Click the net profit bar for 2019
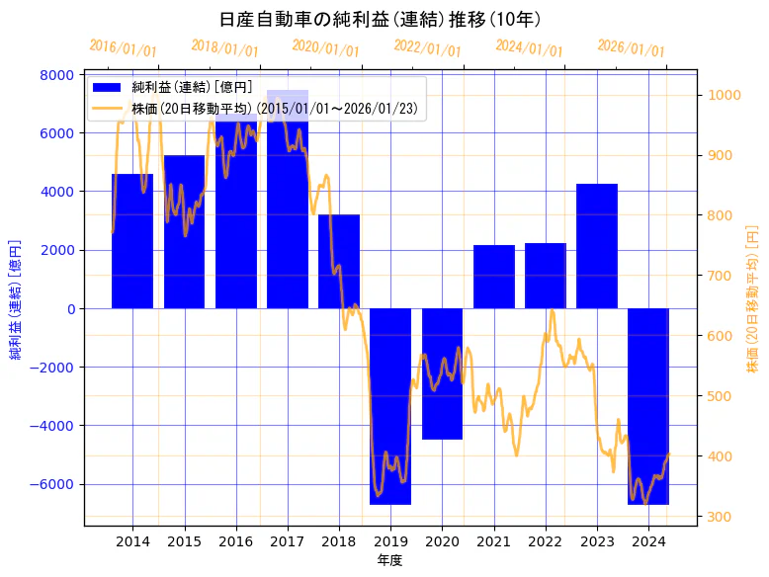[390, 406]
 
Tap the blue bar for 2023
[597, 246]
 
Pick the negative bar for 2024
[648, 406]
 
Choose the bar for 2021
[494, 277]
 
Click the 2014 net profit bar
[132, 241]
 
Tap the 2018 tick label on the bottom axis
[339, 541]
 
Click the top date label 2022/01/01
[427, 48]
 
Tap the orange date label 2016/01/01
[123, 48]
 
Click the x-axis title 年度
[389, 560]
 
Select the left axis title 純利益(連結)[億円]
[16, 298]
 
